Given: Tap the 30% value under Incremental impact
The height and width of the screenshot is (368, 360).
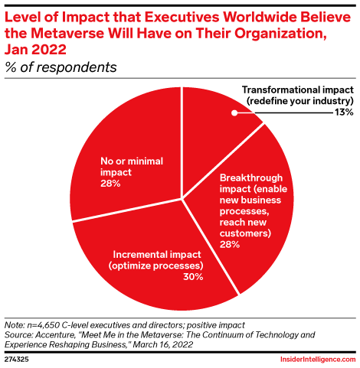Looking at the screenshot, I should click(193, 276).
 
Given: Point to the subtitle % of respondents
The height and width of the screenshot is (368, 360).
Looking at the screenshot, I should click(61, 67).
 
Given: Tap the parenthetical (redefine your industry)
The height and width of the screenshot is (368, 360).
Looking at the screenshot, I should click(297, 100).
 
